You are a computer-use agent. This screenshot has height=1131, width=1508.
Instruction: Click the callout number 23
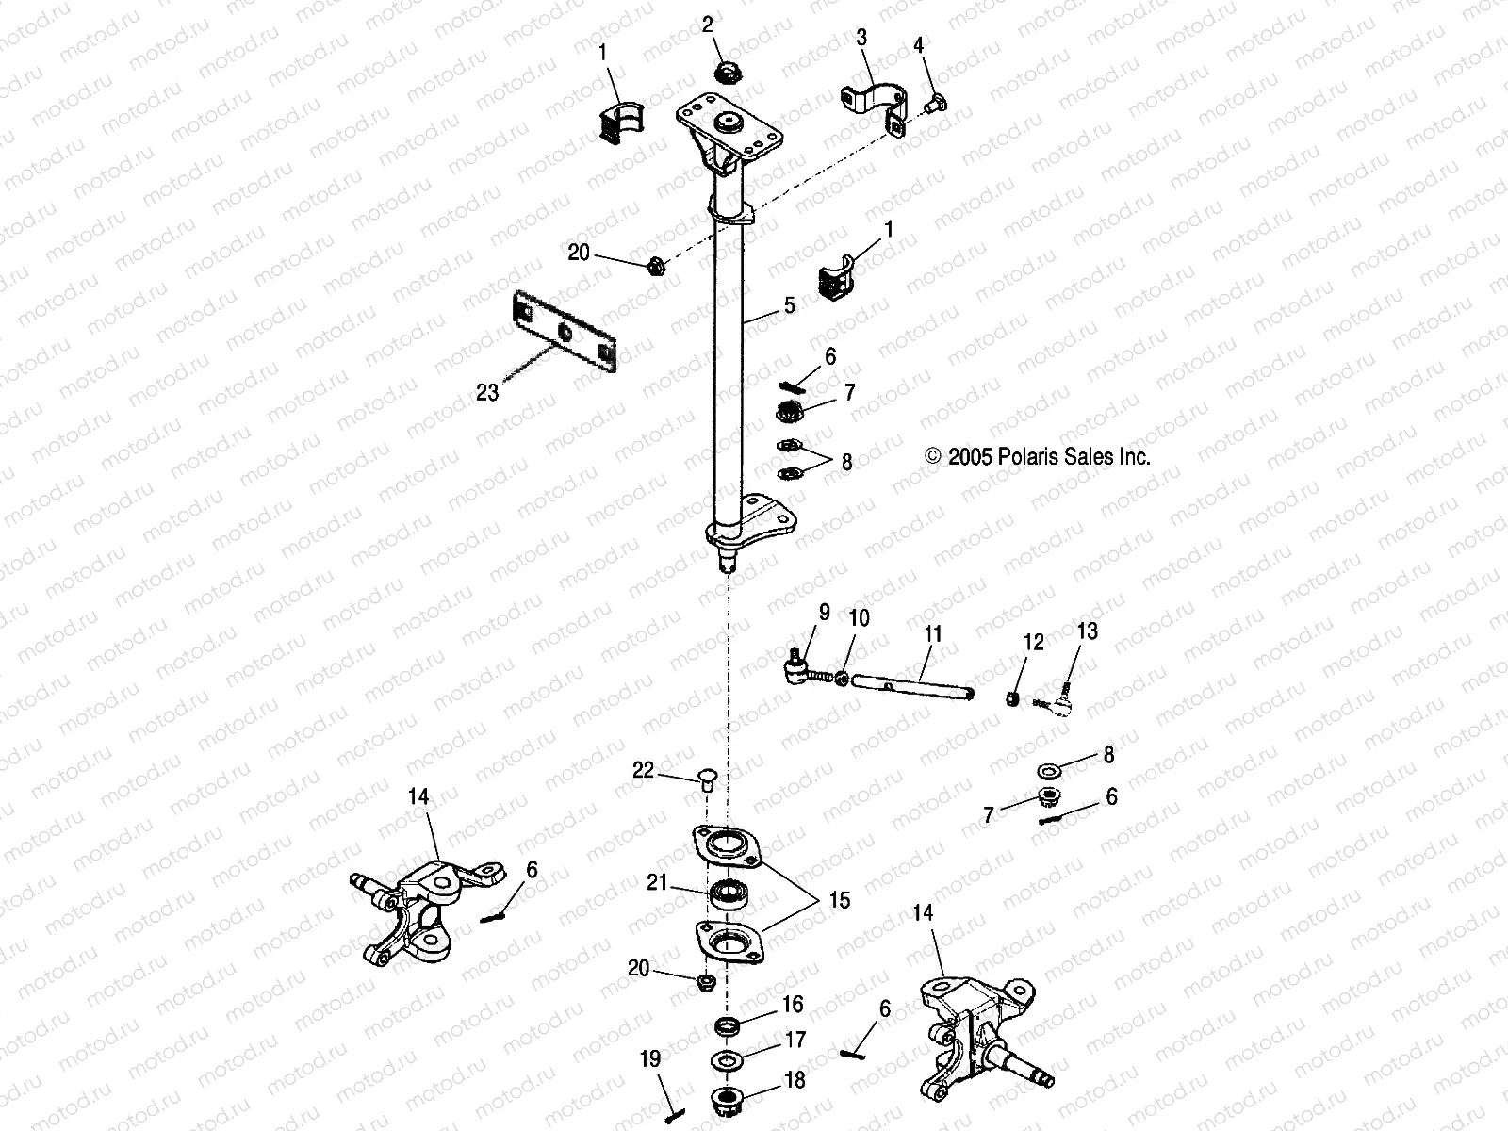coord(486,391)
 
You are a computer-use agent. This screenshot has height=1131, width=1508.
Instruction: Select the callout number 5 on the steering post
coord(789,305)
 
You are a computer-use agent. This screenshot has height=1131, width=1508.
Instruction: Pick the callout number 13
coord(1087,631)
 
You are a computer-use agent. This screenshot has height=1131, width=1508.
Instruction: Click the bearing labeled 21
coord(729,893)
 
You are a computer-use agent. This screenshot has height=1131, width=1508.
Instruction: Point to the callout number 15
coord(839,900)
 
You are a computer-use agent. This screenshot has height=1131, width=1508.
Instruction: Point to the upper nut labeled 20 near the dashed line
coord(656,266)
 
